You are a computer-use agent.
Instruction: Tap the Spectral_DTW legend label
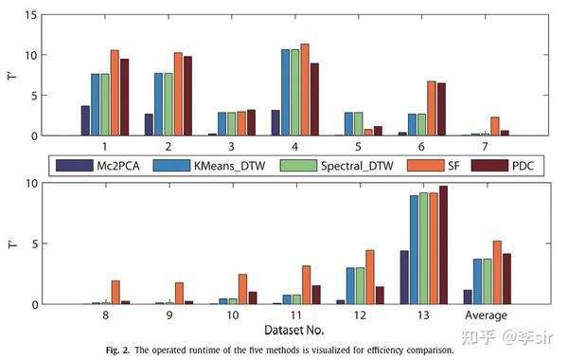tap(328, 165)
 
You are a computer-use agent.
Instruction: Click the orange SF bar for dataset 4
tap(305, 90)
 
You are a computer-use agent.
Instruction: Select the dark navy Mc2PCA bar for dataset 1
tap(85, 120)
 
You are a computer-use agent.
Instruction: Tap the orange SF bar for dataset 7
tap(495, 126)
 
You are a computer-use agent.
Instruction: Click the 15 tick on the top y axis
tap(33, 15)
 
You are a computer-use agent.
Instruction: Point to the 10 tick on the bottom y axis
tap(33, 183)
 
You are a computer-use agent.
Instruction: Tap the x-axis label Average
tap(486, 315)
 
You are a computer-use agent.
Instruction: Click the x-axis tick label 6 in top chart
tap(421, 148)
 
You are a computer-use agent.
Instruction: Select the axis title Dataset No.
tap(284, 330)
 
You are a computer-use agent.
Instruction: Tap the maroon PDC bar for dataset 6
tap(440, 109)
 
